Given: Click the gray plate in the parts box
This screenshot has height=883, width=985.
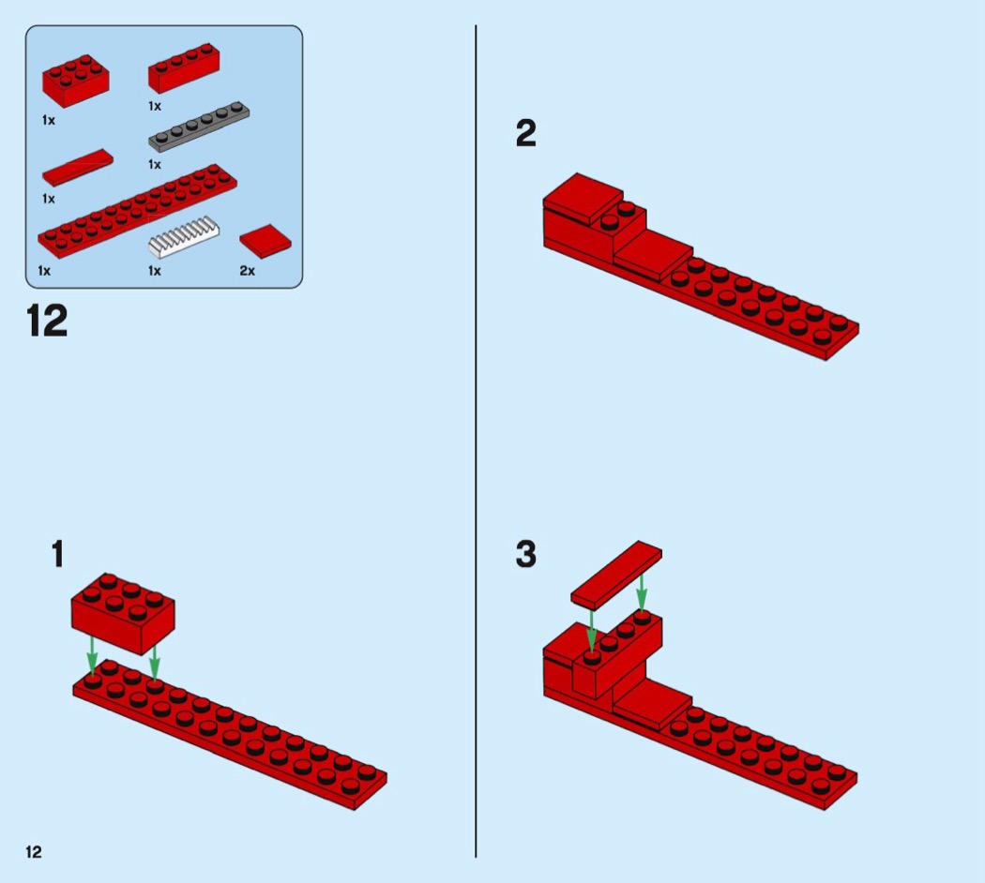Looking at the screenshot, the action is point(199,127).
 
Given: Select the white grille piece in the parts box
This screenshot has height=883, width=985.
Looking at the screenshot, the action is point(184,237).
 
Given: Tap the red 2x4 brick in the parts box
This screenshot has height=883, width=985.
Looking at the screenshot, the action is point(75,81).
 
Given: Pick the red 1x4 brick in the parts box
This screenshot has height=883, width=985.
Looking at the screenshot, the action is point(184,67).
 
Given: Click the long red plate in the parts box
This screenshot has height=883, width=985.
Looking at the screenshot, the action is point(137,211).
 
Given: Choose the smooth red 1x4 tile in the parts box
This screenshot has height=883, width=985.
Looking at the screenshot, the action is point(77,167).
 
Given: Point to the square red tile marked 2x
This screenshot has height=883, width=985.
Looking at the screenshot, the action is point(265,240).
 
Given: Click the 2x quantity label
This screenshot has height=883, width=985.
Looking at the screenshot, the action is point(247,271).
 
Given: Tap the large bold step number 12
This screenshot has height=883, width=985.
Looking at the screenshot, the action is point(47,322).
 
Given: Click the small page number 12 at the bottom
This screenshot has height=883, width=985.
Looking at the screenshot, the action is point(33,852).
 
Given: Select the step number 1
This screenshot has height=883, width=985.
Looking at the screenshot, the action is point(57,554).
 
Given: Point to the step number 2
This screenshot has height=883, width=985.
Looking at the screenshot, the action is point(525,134).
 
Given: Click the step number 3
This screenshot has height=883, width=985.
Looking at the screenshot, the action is point(525,554).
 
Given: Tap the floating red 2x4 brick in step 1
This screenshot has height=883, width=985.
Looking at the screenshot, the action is point(123,612).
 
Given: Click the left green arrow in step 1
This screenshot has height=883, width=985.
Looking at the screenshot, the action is point(92,655).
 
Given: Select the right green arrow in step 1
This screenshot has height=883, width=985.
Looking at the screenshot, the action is point(154,662).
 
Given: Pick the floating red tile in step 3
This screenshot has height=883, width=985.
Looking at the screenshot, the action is point(616,575).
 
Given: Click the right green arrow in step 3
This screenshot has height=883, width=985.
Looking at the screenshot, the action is point(641,591).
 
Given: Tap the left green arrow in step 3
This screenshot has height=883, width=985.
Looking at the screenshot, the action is point(591,632).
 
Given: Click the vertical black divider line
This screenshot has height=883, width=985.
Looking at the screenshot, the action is point(476,441).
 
